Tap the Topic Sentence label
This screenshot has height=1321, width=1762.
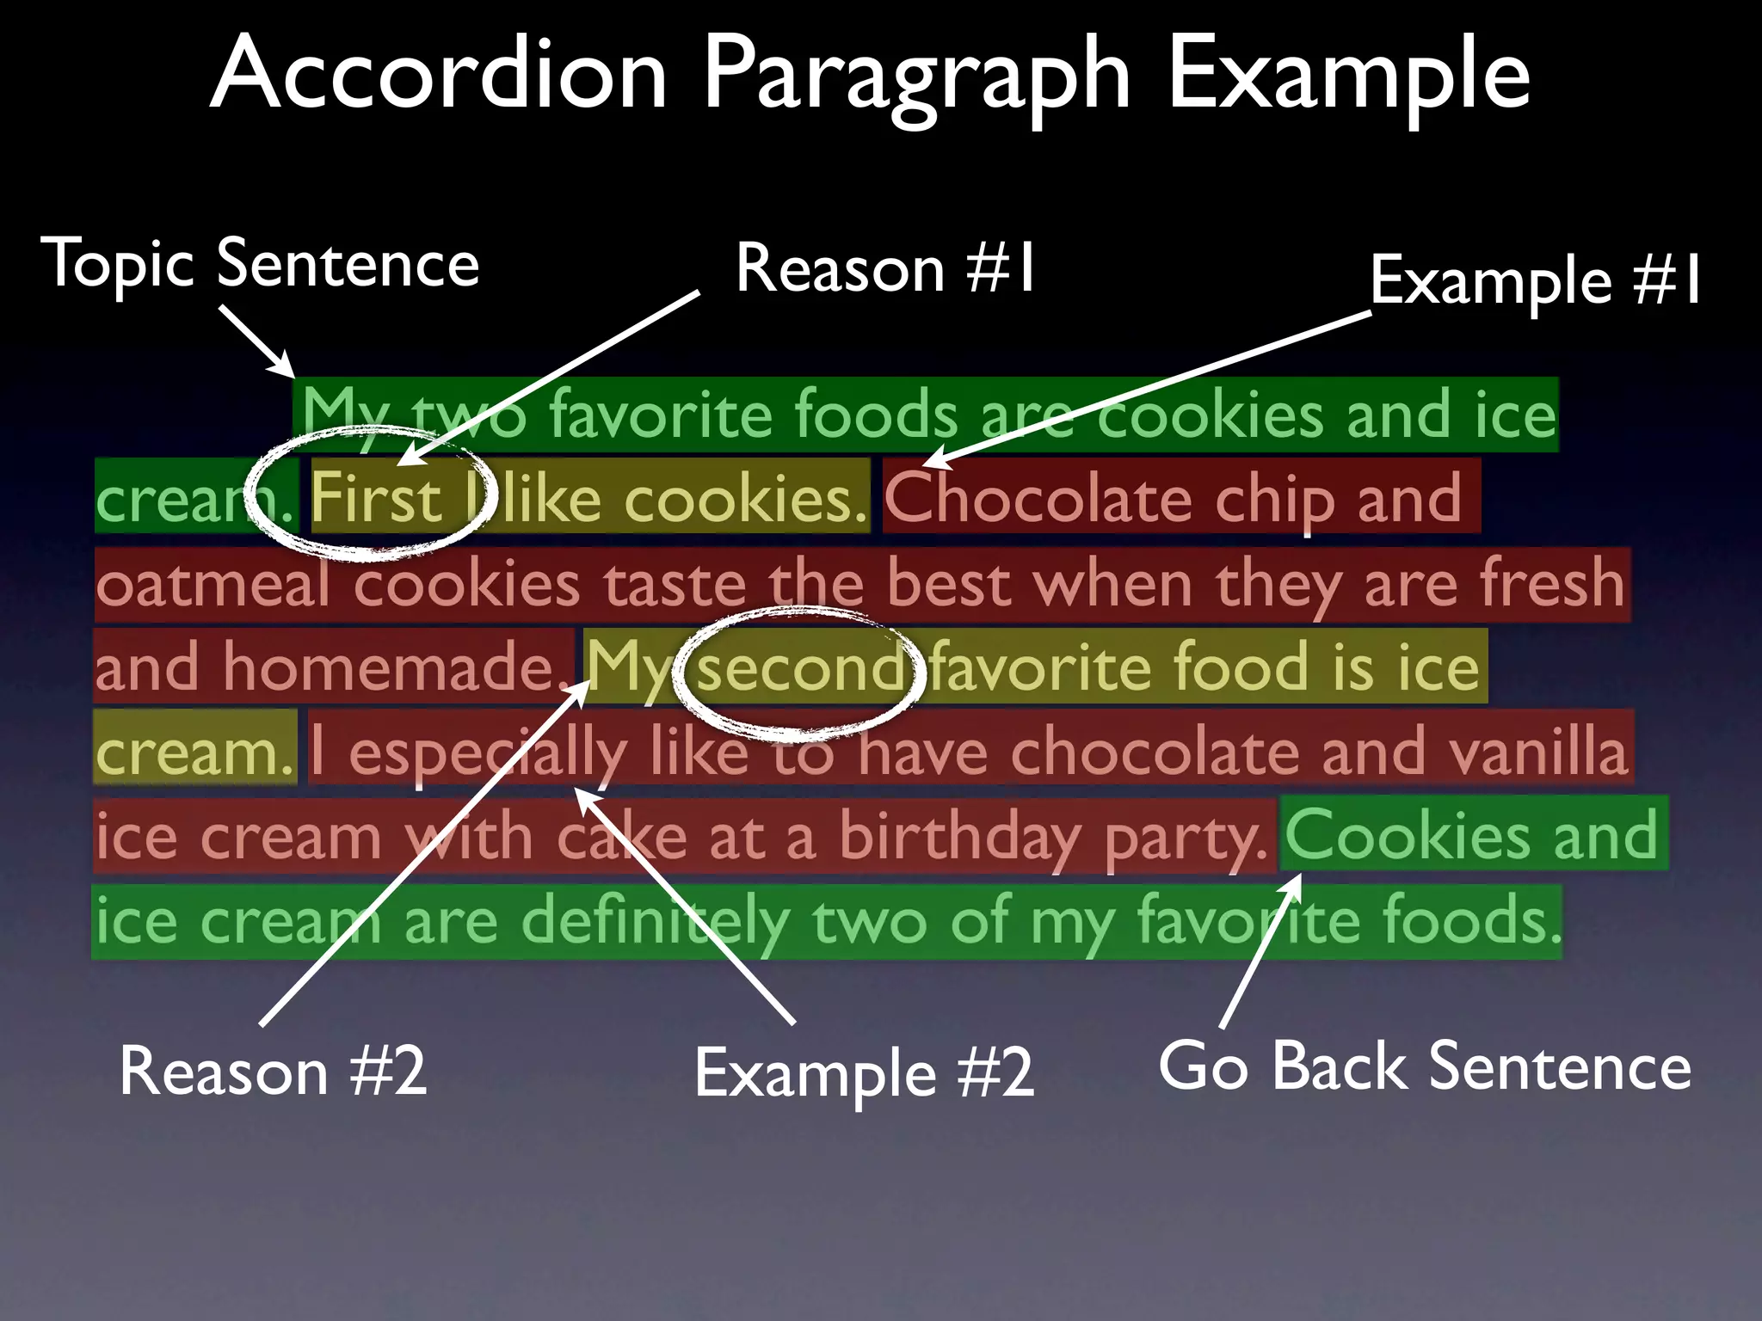point(261,264)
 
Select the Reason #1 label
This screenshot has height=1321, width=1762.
point(885,268)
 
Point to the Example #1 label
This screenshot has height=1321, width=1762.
point(1535,280)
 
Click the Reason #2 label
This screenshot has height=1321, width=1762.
point(273,1071)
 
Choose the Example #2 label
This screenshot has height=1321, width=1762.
point(864,1073)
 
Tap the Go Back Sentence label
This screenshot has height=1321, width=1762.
point(1425,1066)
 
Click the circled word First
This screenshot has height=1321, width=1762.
point(376,498)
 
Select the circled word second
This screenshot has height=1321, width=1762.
point(799,667)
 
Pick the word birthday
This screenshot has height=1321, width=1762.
point(959,837)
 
